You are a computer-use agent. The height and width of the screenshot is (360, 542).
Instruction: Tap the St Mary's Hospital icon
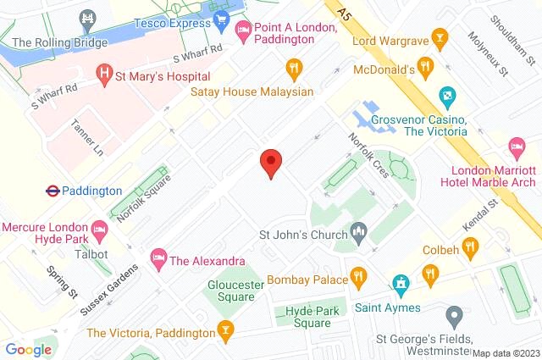click(x=105, y=75)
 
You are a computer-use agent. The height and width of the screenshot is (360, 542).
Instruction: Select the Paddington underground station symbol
click(x=52, y=191)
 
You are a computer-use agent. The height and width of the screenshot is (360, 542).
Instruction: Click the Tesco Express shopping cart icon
click(x=222, y=18)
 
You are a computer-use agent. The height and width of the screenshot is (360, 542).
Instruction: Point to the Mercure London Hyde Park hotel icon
click(x=100, y=228)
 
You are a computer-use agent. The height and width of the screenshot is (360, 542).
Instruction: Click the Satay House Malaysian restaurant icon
click(x=294, y=68)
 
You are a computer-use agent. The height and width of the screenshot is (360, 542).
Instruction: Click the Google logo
click(x=29, y=349)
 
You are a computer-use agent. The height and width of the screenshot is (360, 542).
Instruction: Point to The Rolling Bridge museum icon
click(x=86, y=17)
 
